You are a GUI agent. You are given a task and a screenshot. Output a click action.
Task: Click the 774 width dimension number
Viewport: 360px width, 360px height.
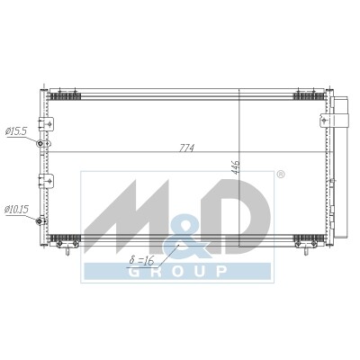(x=187, y=148)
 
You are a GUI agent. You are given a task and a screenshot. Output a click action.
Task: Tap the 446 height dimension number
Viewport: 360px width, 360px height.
(x=236, y=167)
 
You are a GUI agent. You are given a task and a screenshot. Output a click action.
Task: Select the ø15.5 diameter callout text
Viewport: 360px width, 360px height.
(x=16, y=131)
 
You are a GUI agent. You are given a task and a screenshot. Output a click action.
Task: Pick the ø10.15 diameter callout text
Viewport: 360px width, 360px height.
(x=16, y=209)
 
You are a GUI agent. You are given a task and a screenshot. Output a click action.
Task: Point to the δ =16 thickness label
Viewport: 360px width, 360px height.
(x=141, y=260)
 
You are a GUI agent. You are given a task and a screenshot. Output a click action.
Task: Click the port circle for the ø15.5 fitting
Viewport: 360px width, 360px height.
(x=40, y=144)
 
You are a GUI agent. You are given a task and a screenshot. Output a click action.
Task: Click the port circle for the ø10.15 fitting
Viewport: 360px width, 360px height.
(x=39, y=221)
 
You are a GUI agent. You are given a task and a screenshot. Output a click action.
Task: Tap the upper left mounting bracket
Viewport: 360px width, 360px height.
(x=46, y=123)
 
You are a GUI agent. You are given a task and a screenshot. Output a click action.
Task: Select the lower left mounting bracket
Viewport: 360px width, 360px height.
(x=46, y=181)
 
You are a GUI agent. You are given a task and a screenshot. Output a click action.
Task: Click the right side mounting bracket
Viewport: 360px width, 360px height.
(x=325, y=120)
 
